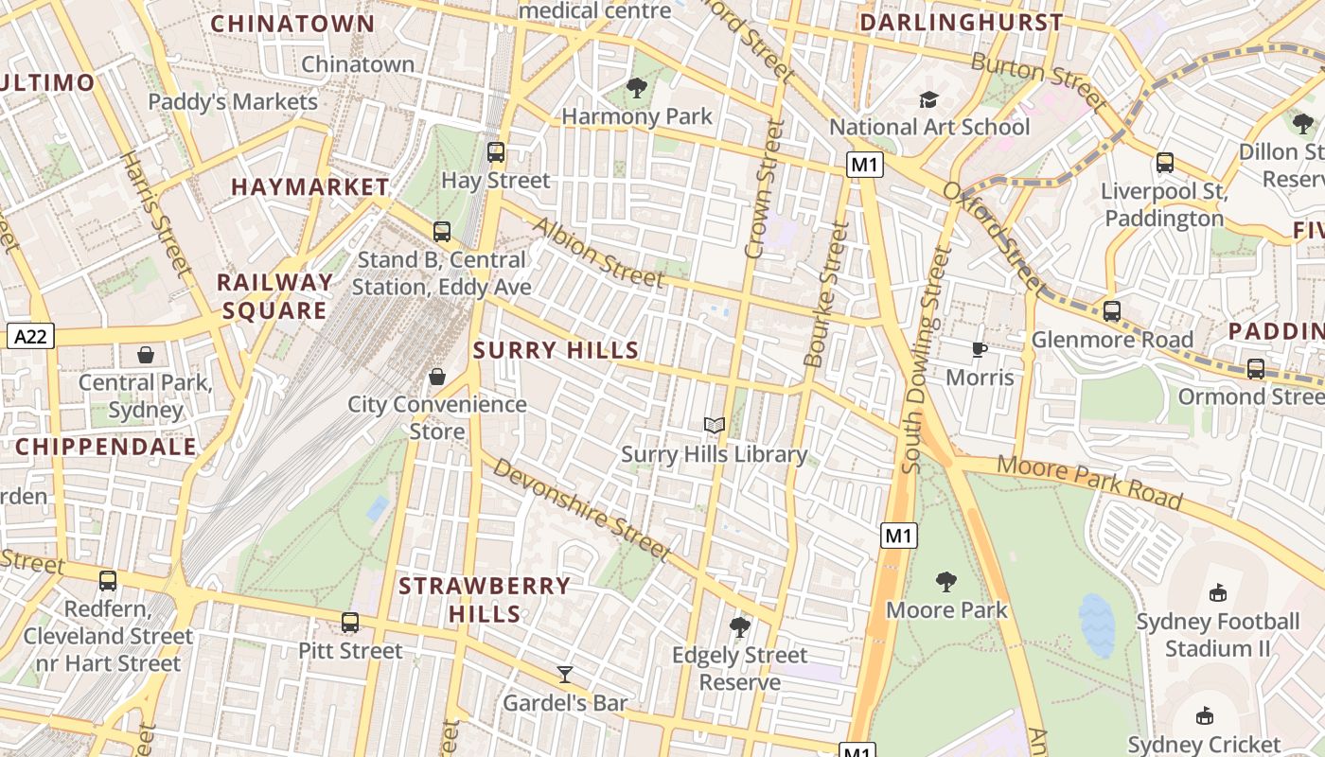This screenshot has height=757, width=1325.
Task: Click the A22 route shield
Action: point(31,336)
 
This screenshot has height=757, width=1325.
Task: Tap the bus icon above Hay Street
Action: point(496,151)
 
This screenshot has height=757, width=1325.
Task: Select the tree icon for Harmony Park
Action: point(637,88)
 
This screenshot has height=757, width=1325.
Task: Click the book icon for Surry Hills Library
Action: point(715,426)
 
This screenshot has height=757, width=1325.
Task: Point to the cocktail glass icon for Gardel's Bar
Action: point(565,674)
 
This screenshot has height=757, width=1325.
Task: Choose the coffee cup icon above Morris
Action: point(980,349)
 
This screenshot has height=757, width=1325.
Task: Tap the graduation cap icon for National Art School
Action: point(928,99)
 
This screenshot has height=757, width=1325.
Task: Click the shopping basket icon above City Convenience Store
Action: point(437,377)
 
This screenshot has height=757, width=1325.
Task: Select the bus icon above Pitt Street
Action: point(350,623)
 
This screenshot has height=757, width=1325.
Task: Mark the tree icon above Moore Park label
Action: point(945,582)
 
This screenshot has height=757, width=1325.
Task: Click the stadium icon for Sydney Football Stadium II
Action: point(1218,593)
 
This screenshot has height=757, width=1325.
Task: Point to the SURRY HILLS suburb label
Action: point(556,350)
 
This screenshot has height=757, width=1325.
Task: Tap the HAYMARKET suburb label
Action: point(310,187)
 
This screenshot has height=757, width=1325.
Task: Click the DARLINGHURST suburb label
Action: point(961,23)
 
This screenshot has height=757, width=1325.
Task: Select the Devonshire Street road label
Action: point(582,508)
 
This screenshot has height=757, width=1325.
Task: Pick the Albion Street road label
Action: point(598,253)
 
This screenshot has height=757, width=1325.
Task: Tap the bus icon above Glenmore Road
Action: point(1112,310)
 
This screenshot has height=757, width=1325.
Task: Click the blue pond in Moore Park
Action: point(1098,625)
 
